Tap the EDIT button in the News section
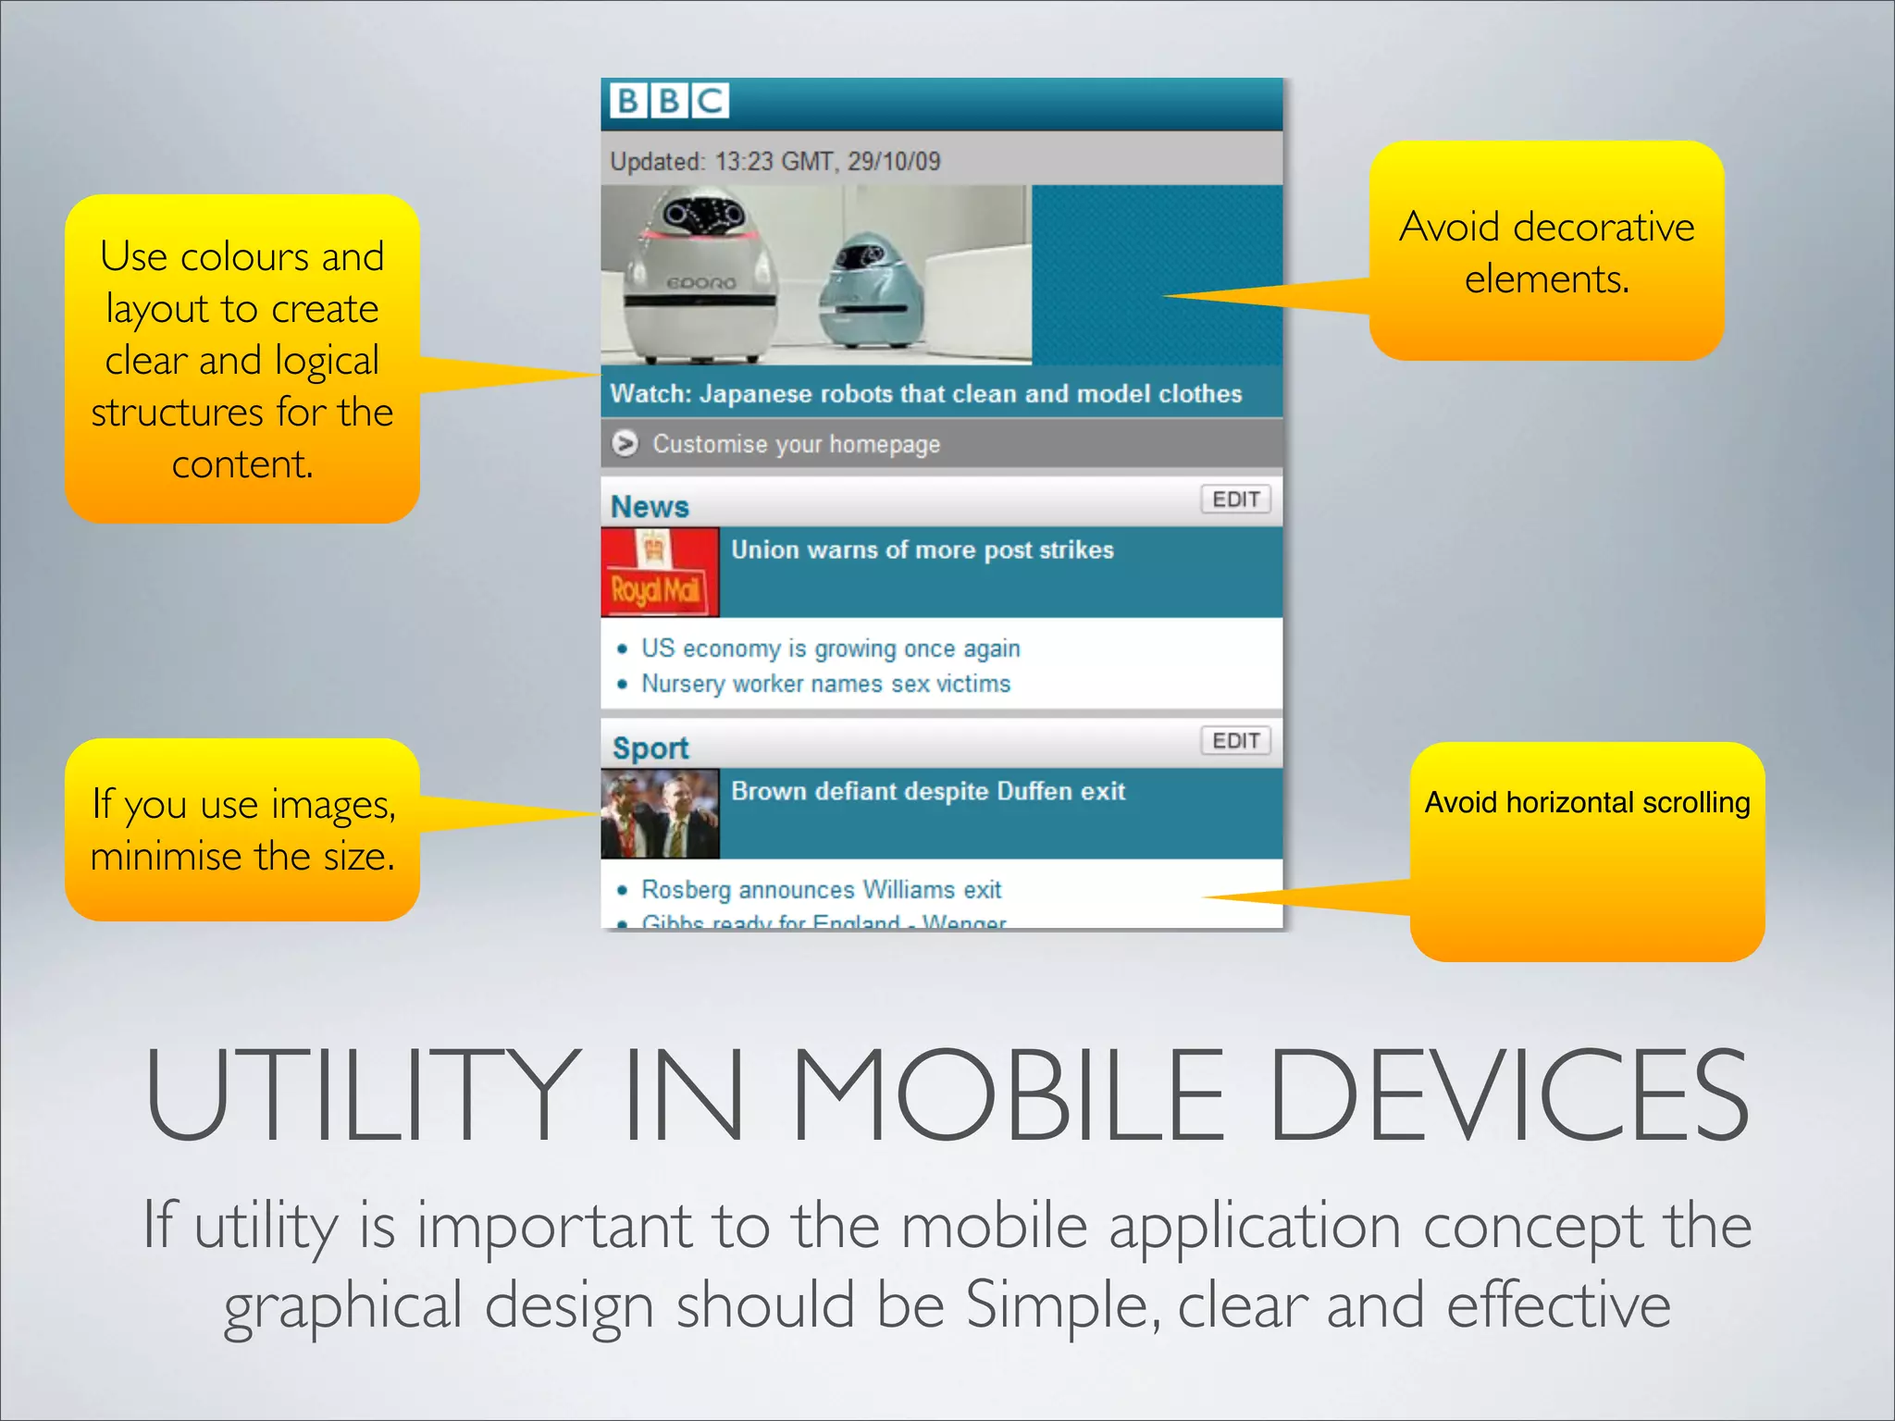click(1235, 500)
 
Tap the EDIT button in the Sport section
click(1235, 741)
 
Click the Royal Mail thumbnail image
click(660, 572)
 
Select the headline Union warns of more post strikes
click(922, 550)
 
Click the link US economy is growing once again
click(830, 649)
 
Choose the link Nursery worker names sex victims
click(825, 684)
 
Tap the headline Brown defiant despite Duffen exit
click(927, 792)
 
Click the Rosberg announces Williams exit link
click(821, 890)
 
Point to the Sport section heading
click(650, 748)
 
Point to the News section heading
click(650, 507)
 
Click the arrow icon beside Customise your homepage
click(625, 444)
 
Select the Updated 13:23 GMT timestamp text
click(774, 162)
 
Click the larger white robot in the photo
click(700, 278)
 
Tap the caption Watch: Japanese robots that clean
click(925, 394)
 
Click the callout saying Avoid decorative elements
click(1546, 252)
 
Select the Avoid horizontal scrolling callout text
click(1587, 802)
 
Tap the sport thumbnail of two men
click(660, 814)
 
